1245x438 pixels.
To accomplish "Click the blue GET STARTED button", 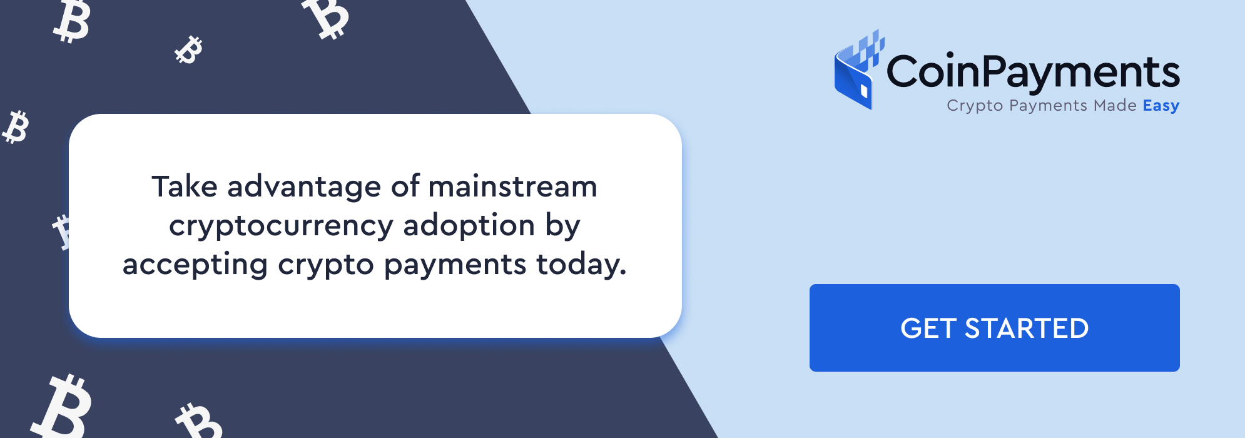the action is (x=994, y=328).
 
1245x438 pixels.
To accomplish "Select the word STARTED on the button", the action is (x=1027, y=328).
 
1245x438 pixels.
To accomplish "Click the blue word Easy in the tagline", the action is (x=1161, y=106).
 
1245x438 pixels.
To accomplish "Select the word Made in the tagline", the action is (x=1115, y=105).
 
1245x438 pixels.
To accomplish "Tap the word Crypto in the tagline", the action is (x=975, y=106).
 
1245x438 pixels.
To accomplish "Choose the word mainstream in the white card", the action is (x=512, y=186).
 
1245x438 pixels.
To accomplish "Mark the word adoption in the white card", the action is (x=469, y=225).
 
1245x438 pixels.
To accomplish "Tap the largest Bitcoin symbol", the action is (x=63, y=407).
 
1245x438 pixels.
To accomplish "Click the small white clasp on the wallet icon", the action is (x=864, y=91).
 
